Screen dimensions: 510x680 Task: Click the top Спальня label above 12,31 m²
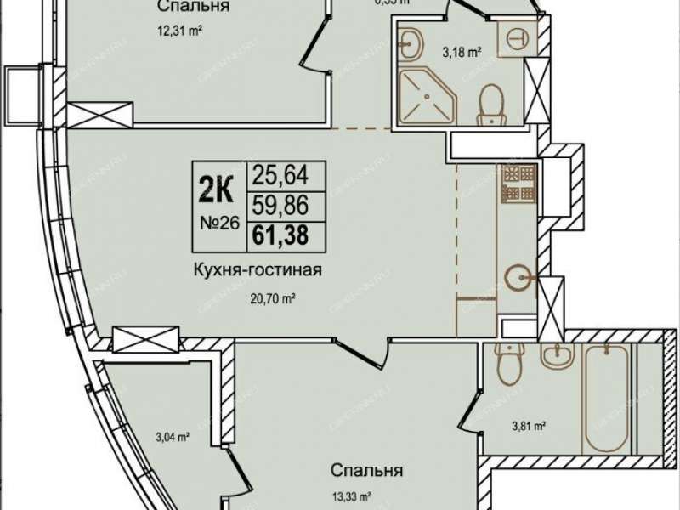tap(195, 8)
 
